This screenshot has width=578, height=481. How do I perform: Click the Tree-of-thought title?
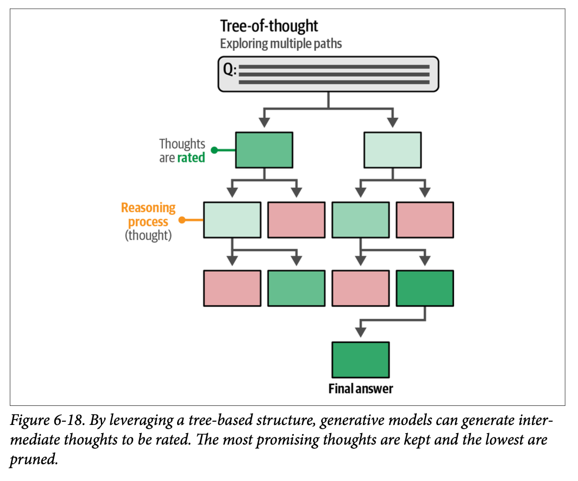(x=269, y=26)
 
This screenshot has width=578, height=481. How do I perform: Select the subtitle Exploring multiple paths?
(x=281, y=44)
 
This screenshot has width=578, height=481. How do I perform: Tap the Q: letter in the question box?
(x=230, y=70)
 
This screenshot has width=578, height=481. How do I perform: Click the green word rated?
(x=191, y=158)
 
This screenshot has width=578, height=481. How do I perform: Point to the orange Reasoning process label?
(x=148, y=215)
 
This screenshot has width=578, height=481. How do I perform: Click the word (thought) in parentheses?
(x=148, y=236)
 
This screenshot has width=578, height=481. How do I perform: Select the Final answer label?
(x=360, y=388)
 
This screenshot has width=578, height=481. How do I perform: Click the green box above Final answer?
(x=360, y=360)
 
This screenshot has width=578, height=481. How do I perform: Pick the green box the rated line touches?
(x=264, y=150)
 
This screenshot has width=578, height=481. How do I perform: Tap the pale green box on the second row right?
(x=392, y=150)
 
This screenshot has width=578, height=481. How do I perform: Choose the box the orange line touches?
(x=232, y=220)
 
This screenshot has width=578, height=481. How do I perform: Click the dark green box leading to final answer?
(x=425, y=288)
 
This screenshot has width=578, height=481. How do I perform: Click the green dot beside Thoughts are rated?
(x=214, y=150)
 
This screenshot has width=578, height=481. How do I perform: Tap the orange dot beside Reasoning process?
(x=182, y=220)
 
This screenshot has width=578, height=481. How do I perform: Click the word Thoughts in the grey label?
(x=182, y=144)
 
